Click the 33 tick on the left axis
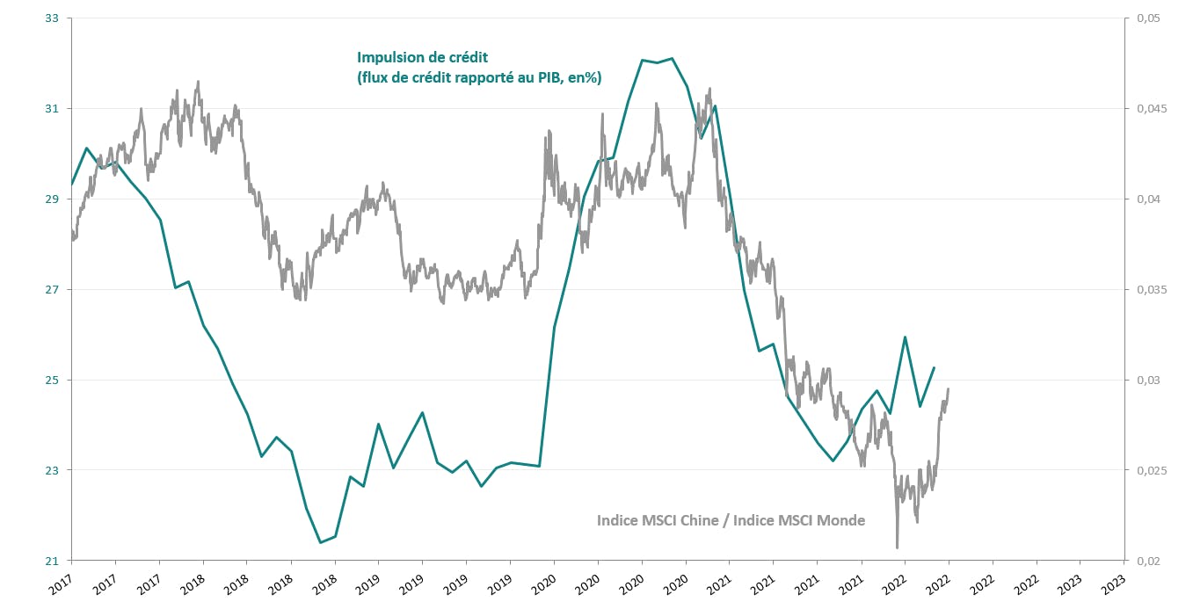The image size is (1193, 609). pyautogui.click(x=52, y=18)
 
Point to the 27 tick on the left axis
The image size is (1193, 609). pyautogui.click(x=52, y=290)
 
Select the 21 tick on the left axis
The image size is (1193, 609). pyautogui.click(x=52, y=561)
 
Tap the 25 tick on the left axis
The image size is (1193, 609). pyautogui.click(x=52, y=381)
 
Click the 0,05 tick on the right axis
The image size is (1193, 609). pyautogui.click(x=1147, y=18)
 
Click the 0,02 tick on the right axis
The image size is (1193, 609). pyautogui.click(x=1147, y=561)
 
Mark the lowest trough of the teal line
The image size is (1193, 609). pyautogui.click(x=320, y=542)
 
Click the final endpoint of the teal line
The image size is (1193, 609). pyautogui.click(x=934, y=367)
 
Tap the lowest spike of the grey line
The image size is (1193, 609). pyautogui.click(x=897, y=548)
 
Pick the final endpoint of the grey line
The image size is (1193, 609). pyautogui.click(x=948, y=388)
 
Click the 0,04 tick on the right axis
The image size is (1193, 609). pyautogui.click(x=1147, y=199)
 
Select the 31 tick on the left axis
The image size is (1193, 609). pyautogui.click(x=52, y=109)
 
